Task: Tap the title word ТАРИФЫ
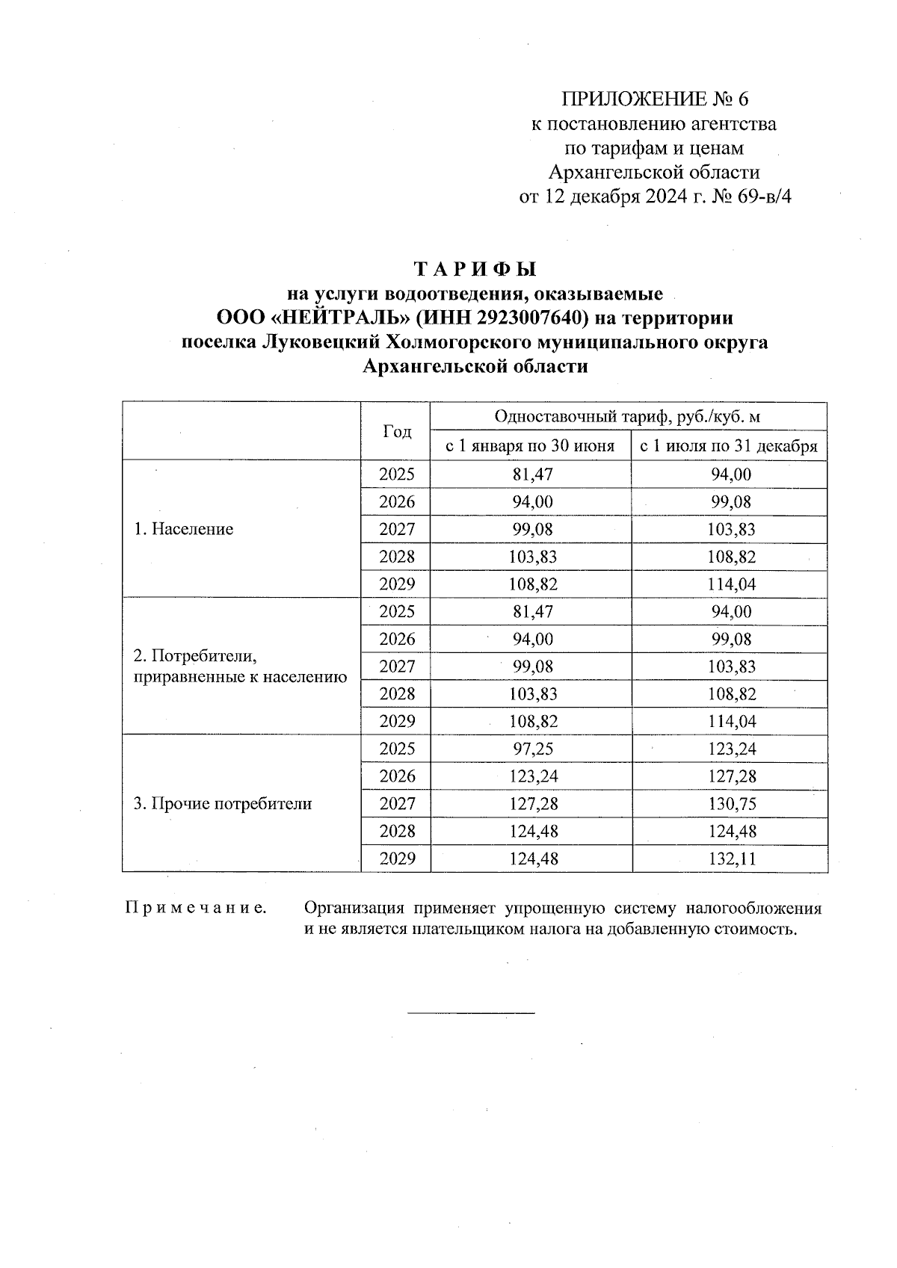(475, 268)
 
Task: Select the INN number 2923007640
(528, 318)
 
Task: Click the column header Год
(396, 432)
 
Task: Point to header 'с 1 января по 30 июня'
(530, 447)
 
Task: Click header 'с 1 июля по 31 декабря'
(729, 447)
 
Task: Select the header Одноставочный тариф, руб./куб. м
(628, 417)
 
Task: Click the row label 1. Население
(183, 529)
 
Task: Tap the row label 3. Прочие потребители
(222, 804)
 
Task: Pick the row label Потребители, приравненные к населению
(239, 667)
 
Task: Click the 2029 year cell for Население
(396, 584)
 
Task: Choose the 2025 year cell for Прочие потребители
(396, 749)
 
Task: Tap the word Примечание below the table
(196, 909)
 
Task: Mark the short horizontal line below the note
(471, 1012)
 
